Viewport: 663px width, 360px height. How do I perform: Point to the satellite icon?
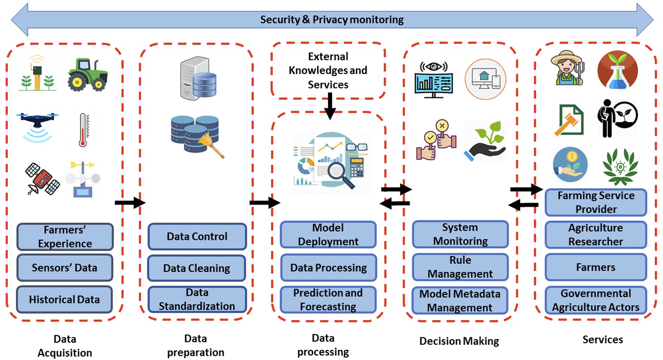pos(42,179)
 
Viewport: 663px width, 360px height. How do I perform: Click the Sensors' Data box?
pos(65,268)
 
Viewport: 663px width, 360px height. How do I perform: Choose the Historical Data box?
pos(64,299)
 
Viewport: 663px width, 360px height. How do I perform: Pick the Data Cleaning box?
pos(197,268)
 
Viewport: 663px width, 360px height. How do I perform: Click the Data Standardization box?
pos(197,299)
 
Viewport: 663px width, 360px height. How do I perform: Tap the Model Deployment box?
pos(328,234)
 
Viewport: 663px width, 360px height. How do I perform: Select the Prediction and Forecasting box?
pos(328,300)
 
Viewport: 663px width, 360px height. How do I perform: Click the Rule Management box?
pos(460,267)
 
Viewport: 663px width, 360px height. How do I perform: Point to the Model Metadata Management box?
pos(460,301)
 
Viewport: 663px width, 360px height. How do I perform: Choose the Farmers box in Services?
pos(596,268)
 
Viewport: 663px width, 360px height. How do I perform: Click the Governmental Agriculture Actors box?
pos(596,300)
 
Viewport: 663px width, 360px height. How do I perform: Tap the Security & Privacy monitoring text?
pos(332,19)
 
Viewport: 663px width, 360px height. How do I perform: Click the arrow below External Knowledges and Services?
pos(330,106)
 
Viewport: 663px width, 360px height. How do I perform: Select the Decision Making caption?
pos(459,341)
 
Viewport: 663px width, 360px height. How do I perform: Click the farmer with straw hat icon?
pos(566,68)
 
